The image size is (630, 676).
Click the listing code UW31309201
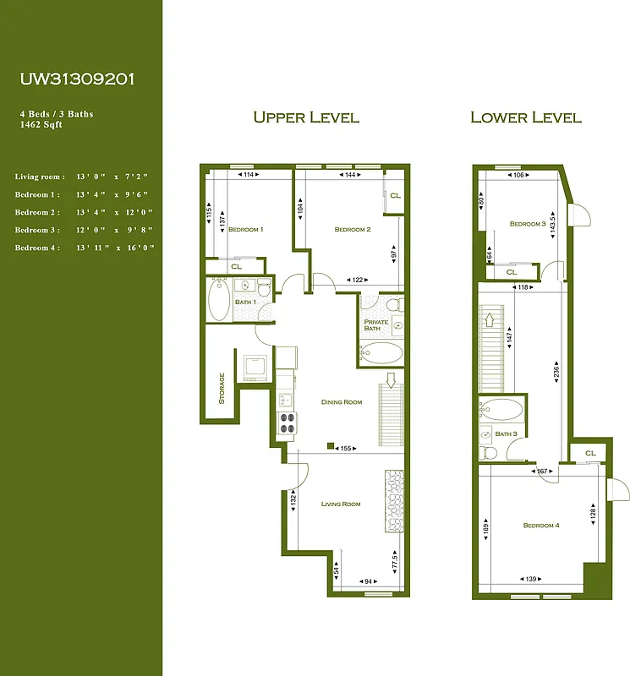point(77,79)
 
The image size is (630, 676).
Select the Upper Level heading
point(306,117)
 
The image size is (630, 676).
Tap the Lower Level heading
point(525,117)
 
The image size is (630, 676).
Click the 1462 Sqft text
point(43,123)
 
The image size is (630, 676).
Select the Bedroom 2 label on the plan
point(353,230)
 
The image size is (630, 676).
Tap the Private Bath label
point(375,325)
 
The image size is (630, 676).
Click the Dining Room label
point(342,402)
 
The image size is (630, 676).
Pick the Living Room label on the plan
point(341,504)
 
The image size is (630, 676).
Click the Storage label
point(222,389)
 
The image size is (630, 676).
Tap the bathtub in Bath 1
point(219,300)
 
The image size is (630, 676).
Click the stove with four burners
point(285,421)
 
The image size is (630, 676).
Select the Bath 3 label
point(506,434)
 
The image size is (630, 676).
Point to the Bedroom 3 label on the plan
point(528,224)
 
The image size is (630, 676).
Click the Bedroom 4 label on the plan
point(541,526)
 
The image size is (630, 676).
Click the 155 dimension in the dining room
point(345,449)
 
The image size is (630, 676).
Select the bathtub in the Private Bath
point(382,352)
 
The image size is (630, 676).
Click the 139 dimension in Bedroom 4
point(531,579)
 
